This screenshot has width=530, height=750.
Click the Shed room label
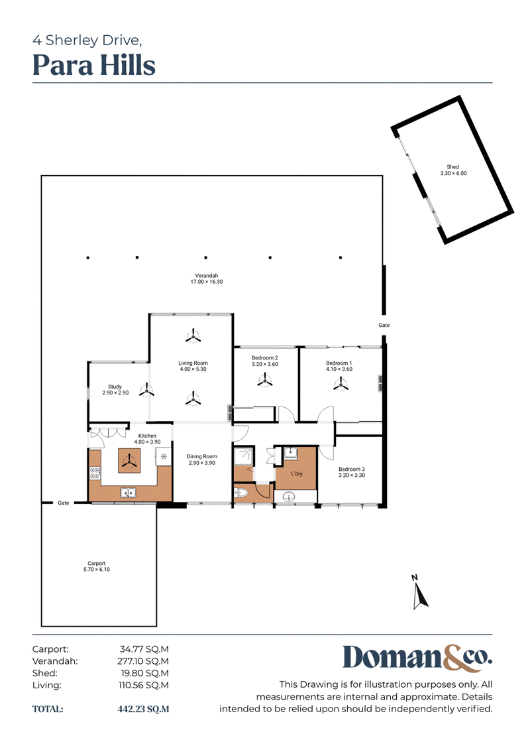click(x=452, y=167)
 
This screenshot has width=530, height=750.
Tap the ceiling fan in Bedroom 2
click(x=265, y=381)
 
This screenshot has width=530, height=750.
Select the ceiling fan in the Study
click(x=146, y=391)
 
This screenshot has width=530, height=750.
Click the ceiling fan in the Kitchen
click(x=129, y=461)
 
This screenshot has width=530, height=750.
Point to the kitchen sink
click(x=128, y=492)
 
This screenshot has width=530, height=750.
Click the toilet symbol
click(x=241, y=493)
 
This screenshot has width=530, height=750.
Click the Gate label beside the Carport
click(x=64, y=503)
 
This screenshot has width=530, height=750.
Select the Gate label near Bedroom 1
click(x=384, y=325)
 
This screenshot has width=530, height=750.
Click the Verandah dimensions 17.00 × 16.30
click(x=207, y=282)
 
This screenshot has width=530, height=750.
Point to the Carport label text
click(x=97, y=564)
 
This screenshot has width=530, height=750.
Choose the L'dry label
click(x=297, y=473)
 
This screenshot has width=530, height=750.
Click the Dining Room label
click(x=201, y=456)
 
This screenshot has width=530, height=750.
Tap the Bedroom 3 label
click(x=352, y=469)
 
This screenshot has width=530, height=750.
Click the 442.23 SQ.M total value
click(x=143, y=709)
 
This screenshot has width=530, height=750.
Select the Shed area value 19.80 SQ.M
click(x=145, y=673)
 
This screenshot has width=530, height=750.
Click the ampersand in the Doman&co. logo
click(x=453, y=658)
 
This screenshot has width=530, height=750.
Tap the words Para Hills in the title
click(x=94, y=66)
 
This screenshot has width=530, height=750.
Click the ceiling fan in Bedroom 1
click(x=341, y=383)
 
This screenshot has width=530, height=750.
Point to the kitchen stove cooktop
click(x=95, y=473)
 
